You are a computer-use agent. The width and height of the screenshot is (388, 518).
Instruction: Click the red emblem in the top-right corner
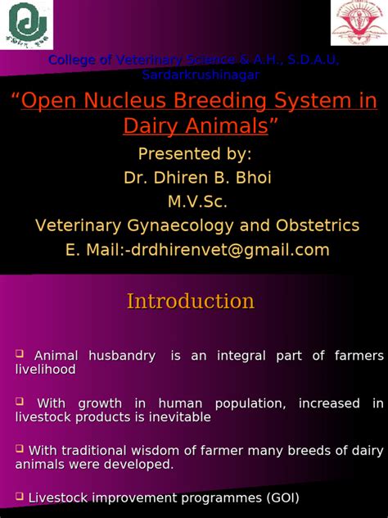pyautogui.click(x=358, y=23)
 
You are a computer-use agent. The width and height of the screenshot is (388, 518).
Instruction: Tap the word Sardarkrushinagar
pyautogui.click(x=201, y=75)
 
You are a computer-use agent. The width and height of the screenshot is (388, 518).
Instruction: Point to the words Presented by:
pyautogui.click(x=194, y=155)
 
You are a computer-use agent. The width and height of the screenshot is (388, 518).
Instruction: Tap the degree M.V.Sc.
pyautogui.click(x=194, y=202)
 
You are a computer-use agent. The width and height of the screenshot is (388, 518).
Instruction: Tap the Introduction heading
pyautogui.click(x=190, y=302)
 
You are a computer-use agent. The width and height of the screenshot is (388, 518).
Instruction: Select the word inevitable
pyautogui.click(x=180, y=417)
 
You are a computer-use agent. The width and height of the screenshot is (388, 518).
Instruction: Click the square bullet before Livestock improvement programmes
pyautogui.click(x=20, y=496)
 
